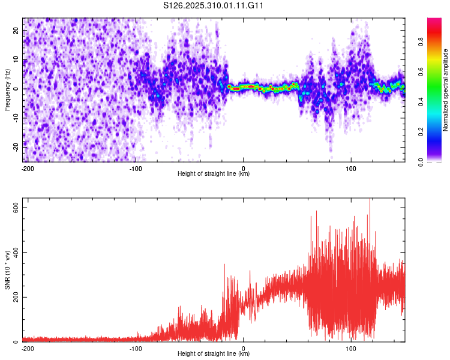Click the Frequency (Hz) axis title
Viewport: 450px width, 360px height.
(7, 90)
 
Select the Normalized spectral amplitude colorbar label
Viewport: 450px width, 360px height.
(446, 90)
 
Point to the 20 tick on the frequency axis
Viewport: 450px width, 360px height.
(16, 31)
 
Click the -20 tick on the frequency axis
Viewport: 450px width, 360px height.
(15, 146)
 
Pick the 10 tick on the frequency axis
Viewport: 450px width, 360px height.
(16, 59)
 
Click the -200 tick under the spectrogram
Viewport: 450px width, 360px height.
(28, 168)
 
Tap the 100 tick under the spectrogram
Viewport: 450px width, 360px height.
(351, 168)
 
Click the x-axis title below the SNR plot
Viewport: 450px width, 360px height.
(214, 354)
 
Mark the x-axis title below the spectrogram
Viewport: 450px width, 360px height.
(214, 174)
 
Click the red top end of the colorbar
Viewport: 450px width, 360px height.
(434, 21)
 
